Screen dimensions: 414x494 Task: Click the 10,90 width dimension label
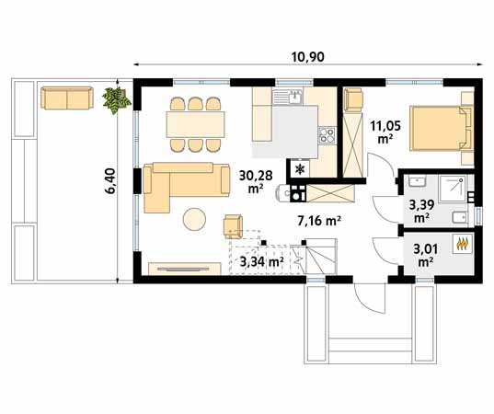pos(309,56)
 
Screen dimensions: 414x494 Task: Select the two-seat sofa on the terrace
pos(65,98)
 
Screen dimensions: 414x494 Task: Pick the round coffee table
pos(194,220)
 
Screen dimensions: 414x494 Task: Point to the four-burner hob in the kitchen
pos(327,136)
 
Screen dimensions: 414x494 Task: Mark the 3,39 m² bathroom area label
pos(421,212)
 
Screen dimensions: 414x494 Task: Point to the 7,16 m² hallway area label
pos(319,221)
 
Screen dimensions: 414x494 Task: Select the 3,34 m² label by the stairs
pos(260,264)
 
